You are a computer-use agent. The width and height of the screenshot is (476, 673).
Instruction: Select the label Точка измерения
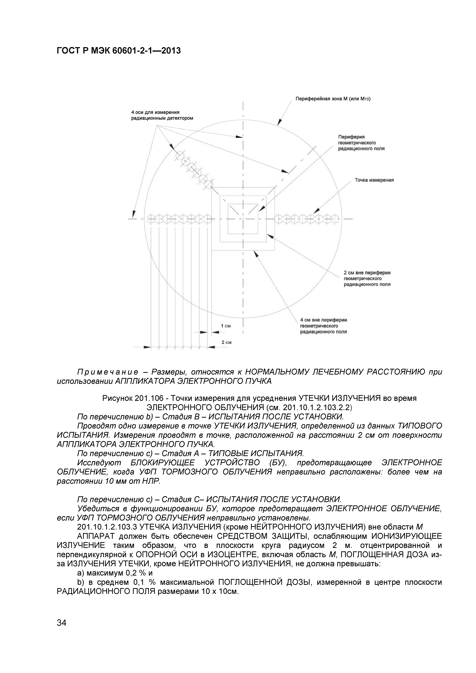point(374,180)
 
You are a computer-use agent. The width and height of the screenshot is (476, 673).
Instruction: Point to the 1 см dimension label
point(226,326)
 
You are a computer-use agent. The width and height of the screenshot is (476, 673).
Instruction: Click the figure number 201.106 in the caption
point(149,399)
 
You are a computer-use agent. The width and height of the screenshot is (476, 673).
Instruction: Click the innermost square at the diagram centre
point(243,219)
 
